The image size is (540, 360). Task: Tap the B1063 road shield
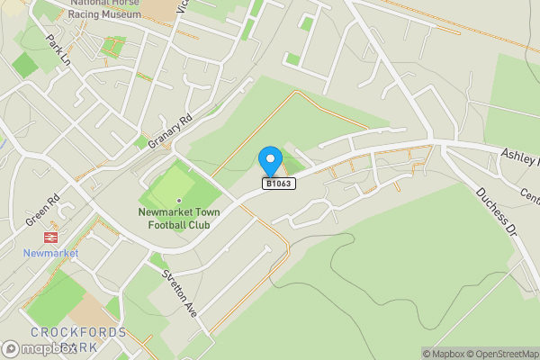point(279,184)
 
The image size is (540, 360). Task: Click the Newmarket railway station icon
point(50,237)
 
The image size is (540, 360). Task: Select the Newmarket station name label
point(51,253)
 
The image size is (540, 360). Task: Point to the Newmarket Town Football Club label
point(174,218)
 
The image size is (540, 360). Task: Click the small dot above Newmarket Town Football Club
point(179,199)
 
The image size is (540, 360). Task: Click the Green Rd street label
point(41,211)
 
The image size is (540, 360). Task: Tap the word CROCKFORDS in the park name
point(64,332)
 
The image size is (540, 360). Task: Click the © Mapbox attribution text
point(443,354)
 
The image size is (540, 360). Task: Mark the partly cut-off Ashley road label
point(520,155)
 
